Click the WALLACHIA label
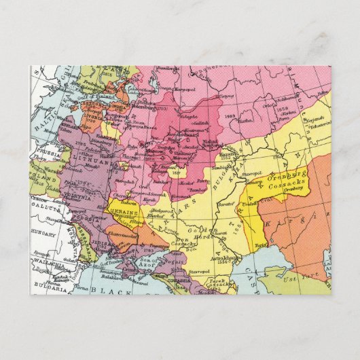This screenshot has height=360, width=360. tap(48, 264)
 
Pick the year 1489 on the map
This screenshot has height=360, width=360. tap(229, 118)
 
